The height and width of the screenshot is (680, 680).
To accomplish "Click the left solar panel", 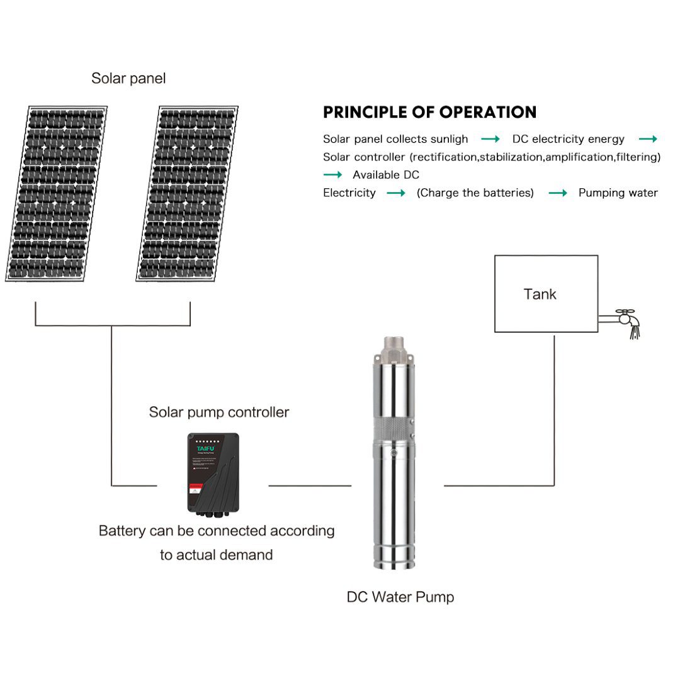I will click(58, 194).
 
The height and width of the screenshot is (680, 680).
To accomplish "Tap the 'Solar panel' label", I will click(128, 79).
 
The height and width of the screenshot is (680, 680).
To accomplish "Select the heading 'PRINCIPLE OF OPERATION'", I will click(429, 113).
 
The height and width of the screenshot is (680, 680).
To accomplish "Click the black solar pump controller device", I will click(213, 472).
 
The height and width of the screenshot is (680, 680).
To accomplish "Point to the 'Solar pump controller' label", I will click(218, 412).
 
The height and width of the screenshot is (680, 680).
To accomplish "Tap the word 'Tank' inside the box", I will click(540, 294).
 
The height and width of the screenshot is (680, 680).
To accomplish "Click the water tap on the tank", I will click(625, 319).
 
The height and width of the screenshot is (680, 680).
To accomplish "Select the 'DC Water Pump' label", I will click(400, 597).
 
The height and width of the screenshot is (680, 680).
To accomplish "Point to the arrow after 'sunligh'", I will click(490, 139).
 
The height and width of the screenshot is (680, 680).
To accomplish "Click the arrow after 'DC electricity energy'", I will click(648, 139).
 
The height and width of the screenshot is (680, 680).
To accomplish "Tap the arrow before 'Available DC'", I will click(333, 175).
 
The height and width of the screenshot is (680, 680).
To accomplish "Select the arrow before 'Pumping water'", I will click(558, 193).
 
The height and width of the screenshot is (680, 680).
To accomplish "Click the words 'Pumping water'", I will click(618, 193).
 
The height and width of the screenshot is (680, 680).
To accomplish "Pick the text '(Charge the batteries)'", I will click(475, 193).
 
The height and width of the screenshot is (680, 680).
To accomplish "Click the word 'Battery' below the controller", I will click(122, 531).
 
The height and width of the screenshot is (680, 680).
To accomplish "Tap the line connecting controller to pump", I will click(310, 485).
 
